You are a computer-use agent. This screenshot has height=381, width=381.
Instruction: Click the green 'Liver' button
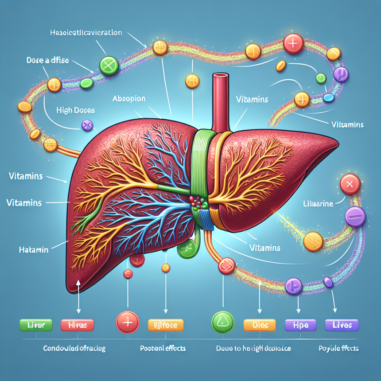point(33,325)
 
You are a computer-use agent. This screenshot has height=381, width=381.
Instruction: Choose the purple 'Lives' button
point(342,325)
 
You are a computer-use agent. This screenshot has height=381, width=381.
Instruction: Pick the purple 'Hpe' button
point(300,325)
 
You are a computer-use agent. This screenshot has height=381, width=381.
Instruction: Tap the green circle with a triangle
point(222,322)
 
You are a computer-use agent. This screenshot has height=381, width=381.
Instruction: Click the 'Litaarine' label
point(318,203)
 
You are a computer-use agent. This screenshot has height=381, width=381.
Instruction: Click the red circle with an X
point(350,184)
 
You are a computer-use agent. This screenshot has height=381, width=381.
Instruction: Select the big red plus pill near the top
point(293,43)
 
